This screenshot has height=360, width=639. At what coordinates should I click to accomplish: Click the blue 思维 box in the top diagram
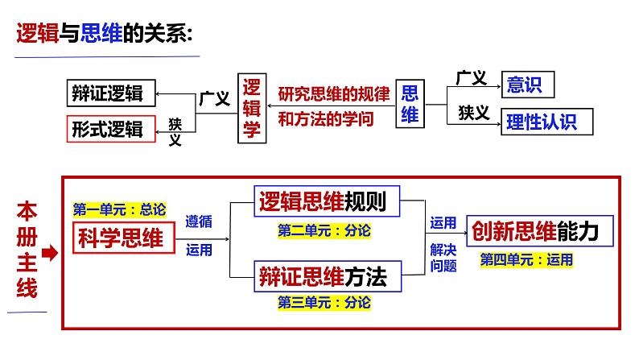(x=410, y=104)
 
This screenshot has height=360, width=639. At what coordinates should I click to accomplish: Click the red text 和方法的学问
(x=326, y=118)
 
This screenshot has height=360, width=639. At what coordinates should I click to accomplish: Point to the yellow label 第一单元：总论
(x=119, y=209)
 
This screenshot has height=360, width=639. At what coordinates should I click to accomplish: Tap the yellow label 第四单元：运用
(x=526, y=259)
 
